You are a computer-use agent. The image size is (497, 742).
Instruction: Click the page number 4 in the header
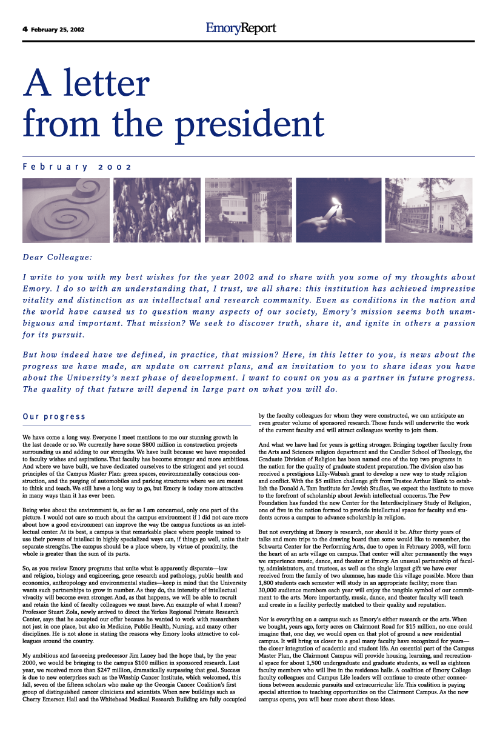click(25, 28)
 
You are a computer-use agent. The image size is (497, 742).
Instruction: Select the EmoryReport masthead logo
click(241, 28)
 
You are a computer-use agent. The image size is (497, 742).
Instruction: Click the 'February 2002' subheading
click(78, 166)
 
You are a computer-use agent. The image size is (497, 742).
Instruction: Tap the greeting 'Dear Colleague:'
click(58, 257)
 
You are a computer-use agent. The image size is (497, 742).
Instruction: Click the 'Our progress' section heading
click(54, 416)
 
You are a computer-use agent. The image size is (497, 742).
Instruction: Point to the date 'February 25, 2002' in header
click(58, 28)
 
